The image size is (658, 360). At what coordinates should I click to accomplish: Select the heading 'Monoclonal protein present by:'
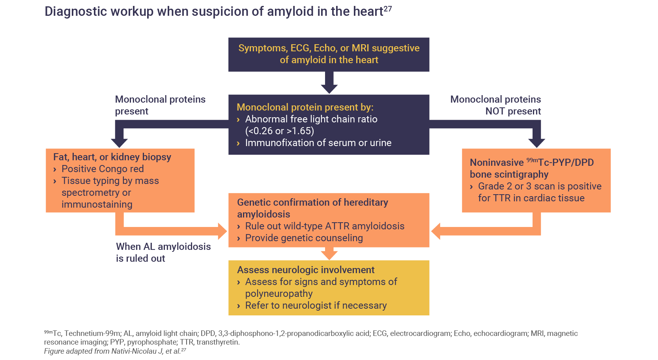point(305,107)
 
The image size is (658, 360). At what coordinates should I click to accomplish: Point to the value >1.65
point(300,131)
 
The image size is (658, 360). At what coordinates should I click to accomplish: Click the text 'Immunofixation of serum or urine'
point(318,143)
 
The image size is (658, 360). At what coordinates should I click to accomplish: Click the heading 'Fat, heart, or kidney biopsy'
point(112,157)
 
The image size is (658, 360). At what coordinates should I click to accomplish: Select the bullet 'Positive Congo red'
point(103,169)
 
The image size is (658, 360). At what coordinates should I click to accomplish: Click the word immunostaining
point(97,204)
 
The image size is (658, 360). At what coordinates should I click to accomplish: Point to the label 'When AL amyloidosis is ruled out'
point(163,252)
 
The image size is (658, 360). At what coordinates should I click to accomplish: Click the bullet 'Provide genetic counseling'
point(304,238)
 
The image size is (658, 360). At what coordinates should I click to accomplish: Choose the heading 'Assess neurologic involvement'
point(306,270)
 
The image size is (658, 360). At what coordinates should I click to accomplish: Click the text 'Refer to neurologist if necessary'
point(316,306)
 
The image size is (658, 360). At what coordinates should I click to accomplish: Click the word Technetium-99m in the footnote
point(92,334)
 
